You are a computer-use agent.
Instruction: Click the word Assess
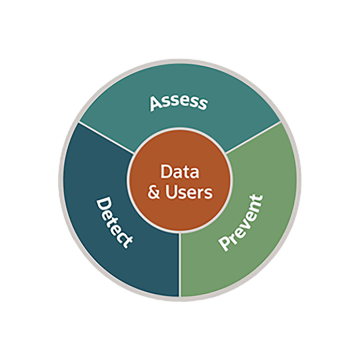point(178,101)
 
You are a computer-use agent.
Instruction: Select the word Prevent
point(241,222)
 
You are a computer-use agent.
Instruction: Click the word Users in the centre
point(189,192)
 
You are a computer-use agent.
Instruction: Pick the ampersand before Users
point(154,193)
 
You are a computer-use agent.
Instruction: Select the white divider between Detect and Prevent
point(179,264)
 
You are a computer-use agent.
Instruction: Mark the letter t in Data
point(186,172)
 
